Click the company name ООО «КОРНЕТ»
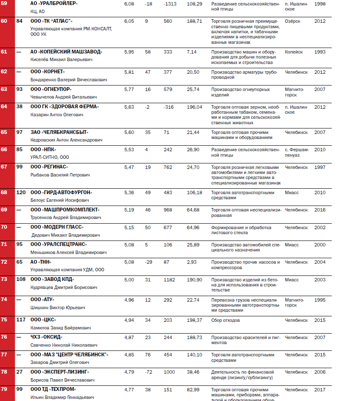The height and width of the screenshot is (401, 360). coord(48,72)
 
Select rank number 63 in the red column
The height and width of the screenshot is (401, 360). coord(4,89)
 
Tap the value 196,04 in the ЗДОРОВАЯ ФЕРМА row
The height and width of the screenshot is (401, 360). coord(194,107)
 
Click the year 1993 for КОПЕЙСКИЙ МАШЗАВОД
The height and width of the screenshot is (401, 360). coord(320,52)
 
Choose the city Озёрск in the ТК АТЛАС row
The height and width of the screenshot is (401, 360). coord(293,21)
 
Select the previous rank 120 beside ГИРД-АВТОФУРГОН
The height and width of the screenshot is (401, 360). coord(21,192)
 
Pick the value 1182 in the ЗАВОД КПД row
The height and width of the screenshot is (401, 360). coord(169,280)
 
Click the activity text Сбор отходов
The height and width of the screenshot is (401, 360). coord(226,320)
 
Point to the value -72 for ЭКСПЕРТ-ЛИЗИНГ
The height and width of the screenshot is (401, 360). coord(148,372)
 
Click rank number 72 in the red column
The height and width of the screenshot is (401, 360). coord(4,262)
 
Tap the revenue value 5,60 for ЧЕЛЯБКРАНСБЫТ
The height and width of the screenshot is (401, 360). coord(129,132)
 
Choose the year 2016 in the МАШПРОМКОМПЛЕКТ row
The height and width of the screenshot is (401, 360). coord(320,210)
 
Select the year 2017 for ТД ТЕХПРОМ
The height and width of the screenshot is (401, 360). coord(320,390)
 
